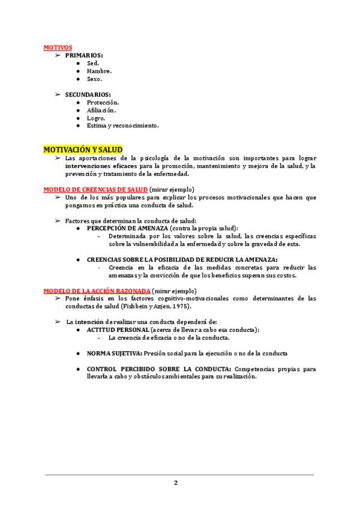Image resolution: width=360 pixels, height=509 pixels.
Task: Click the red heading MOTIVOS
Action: pyautogui.click(x=58, y=47)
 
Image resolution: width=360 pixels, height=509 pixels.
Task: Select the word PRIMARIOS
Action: pyautogui.click(x=84, y=55)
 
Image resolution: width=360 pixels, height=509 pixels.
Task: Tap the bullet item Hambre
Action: pyautogui.click(x=99, y=71)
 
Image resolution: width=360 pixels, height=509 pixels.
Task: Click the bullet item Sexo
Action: pyautogui.click(x=94, y=79)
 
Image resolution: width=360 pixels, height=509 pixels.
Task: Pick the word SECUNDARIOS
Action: pyautogui.click(x=88, y=94)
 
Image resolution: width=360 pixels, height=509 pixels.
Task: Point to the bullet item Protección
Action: pyautogui.click(x=103, y=103)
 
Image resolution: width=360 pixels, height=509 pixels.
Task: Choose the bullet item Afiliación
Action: pyautogui.click(x=101, y=110)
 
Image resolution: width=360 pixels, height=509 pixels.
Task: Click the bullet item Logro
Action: pyautogui.click(x=96, y=118)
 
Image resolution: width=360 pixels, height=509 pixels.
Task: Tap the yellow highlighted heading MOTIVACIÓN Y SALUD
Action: pyautogui.click(x=83, y=149)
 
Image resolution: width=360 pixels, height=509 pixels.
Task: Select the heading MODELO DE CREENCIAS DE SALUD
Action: pyautogui.click(x=95, y=189)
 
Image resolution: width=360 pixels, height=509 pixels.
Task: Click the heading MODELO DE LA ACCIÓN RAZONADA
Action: pyautogui.click(x=97, y=291)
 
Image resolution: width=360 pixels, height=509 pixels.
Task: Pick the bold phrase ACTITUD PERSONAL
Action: pyautogui.click(x=118, y=330)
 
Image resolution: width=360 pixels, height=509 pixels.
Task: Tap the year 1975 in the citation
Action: pyautogui.click(x=182, y=306)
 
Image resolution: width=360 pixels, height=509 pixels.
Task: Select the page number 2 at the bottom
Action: pyautogui.click(x=176, y=483)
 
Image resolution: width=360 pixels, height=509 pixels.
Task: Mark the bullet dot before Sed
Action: pyautogui.click(x=79, y=63)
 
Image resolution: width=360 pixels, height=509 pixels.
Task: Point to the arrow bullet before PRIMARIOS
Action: pyautogui.click(x=58, y=55)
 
